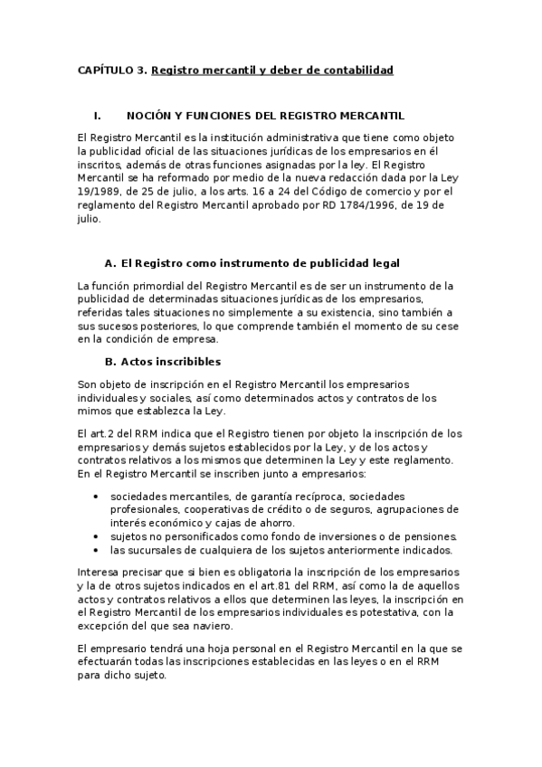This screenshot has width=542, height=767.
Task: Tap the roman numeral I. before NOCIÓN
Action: [x=97, y=117]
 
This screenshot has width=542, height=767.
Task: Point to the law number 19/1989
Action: [x=98, y=192]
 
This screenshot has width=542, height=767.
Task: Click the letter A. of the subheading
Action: [x=111, y=263]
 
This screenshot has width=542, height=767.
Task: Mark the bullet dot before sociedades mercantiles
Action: [x=96, y=497]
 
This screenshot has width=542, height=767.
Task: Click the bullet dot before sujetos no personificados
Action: [x=96, y=535]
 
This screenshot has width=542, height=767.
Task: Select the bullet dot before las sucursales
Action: [x=96, y=549]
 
